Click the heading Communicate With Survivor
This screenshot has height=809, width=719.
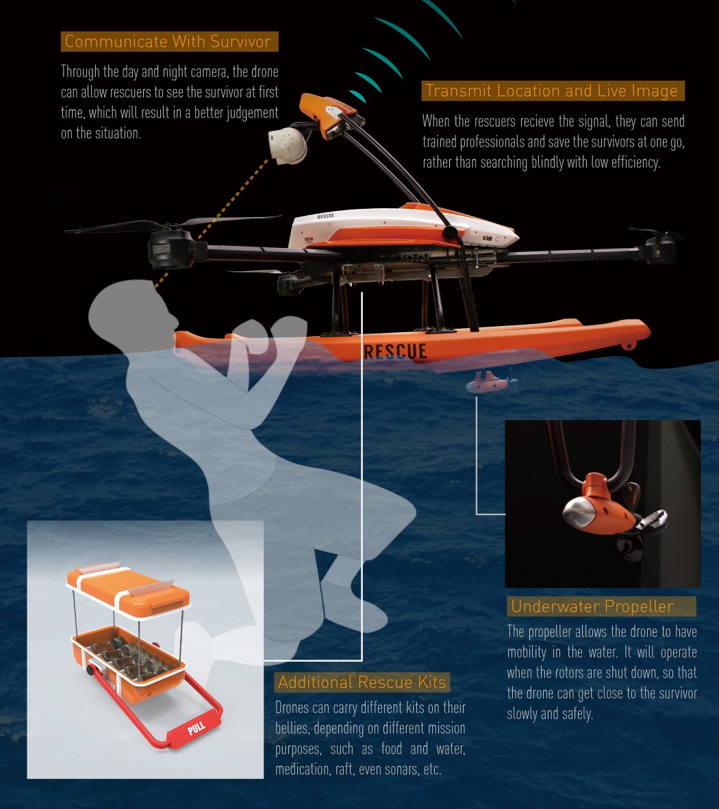click(168, 42)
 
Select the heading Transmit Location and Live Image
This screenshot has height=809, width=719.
click(551, 91)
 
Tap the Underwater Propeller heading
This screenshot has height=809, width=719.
click(592, 606)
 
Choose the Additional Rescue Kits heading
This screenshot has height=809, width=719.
click(362, 682)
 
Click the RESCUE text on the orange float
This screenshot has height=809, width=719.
click(395, 351)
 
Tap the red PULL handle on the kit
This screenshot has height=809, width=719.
click(197, 729)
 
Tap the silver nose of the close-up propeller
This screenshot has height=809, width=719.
click(579, 513)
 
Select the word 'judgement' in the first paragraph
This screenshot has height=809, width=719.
click(246, 112)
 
